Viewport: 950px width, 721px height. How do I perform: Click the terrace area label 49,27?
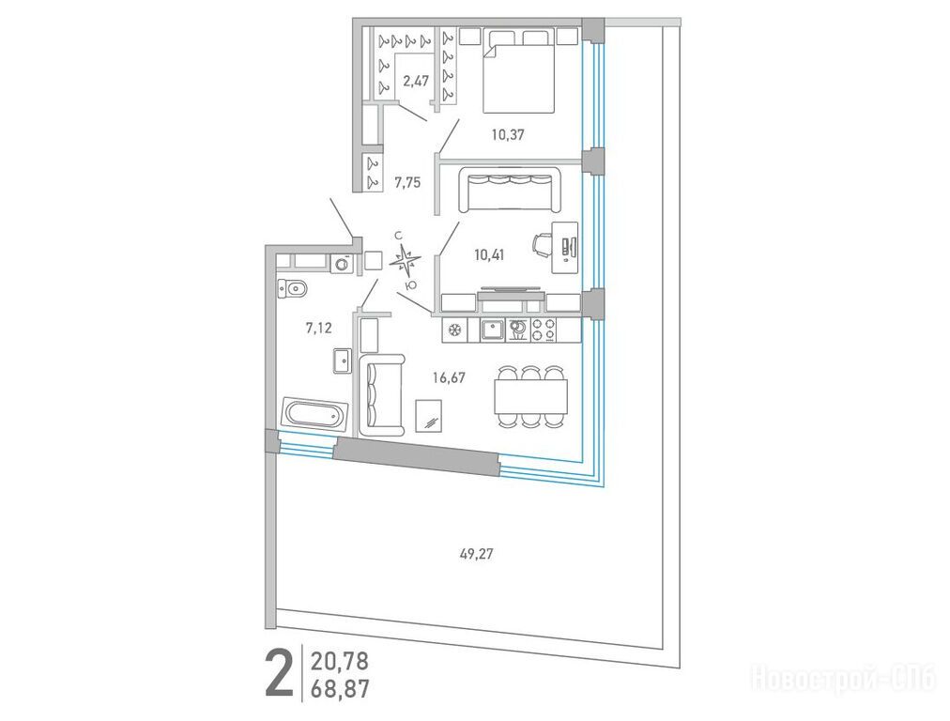[x=477, y=553]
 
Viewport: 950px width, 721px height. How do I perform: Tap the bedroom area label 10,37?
[x=508, y=134]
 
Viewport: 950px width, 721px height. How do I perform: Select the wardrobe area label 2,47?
[x=416, y=81]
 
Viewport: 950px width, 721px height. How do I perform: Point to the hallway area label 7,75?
[x=407, y=182]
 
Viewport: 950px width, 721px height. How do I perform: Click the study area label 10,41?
[x=489, y=254]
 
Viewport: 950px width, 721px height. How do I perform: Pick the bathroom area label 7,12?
[x=318, y=329]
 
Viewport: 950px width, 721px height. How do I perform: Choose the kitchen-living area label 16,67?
[x=449, y=378]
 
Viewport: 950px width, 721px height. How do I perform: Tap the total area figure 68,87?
[x=339, y=689]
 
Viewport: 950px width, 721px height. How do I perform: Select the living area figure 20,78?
[x=339, y=661]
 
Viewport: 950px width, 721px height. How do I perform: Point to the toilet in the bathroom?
[x=292, y=288]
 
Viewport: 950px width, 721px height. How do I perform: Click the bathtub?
[x=314, y=414]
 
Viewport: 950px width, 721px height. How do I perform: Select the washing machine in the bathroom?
[x=343, y=263]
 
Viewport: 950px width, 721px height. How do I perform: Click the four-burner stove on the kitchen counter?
[x=544, y=330]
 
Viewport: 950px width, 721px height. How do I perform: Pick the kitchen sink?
[x=493, y=330]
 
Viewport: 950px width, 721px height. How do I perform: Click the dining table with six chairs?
[x=530, y=396]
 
